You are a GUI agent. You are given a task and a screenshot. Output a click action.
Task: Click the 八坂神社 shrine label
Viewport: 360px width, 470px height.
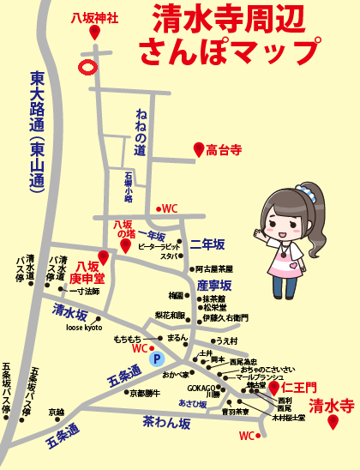[x=94, y=16]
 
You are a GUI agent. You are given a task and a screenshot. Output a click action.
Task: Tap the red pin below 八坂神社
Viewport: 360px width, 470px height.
[x=93, y=33]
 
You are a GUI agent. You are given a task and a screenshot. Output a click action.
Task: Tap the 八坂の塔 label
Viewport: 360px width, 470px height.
[x=125, y=229]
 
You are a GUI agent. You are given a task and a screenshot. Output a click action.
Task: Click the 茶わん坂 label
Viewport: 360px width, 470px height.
[x=168, y=422]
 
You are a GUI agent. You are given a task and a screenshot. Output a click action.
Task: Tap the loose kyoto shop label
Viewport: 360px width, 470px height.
[x=84, y=328]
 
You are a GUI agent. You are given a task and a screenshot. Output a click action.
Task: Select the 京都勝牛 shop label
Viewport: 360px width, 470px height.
[x=145, y=393]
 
